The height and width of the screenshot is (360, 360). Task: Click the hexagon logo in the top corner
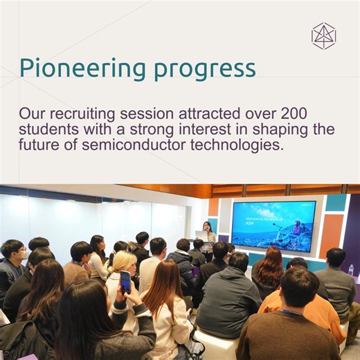[x=323, y=36]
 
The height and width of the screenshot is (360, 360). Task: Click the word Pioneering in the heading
[x=78, y=68]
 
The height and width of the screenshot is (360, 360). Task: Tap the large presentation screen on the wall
[x=273, y=226]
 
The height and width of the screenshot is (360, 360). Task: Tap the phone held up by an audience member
[x=125, y=280]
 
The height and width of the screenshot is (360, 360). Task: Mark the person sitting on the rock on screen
[x=296, y=228]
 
